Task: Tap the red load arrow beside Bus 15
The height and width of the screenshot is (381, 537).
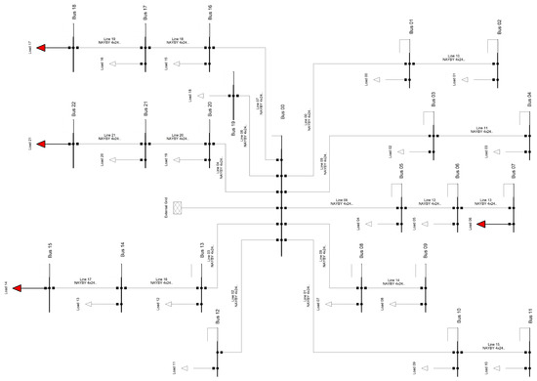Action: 21,288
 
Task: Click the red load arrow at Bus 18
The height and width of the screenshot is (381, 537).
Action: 42,45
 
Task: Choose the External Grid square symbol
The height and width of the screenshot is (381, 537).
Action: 176,207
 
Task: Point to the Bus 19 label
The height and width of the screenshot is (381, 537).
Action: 233,128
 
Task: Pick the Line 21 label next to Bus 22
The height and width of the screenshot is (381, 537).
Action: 108,137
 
